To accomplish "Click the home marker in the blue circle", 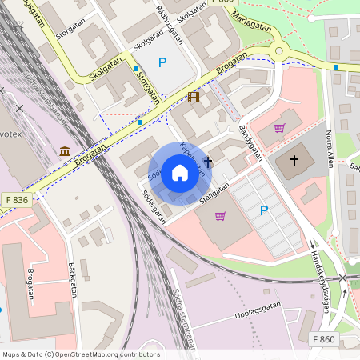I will pyautogui.click(x=179, y=173).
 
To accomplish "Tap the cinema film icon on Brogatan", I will pyautogui.click(x=193, y=98).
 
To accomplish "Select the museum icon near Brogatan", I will pyautogui.click(x=64, y=150).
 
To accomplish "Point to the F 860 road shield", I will pyautogui.click(x=324, y=339).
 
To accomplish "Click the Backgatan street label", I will pyautogui.click(x=73, y=279).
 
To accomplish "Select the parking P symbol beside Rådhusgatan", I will pyautogui.click(x=162, y=62).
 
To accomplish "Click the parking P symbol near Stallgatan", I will pyautogui.click(x=264, y=210).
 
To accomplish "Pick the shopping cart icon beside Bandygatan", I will pyautogui.click(x=279, y=128).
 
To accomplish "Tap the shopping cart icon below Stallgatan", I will pyautogui.click(x=220, y=215).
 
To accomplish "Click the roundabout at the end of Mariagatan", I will pyautogui.click(x=279, y=51).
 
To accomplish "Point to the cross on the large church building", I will pyautogui.click(x=293, y=161).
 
